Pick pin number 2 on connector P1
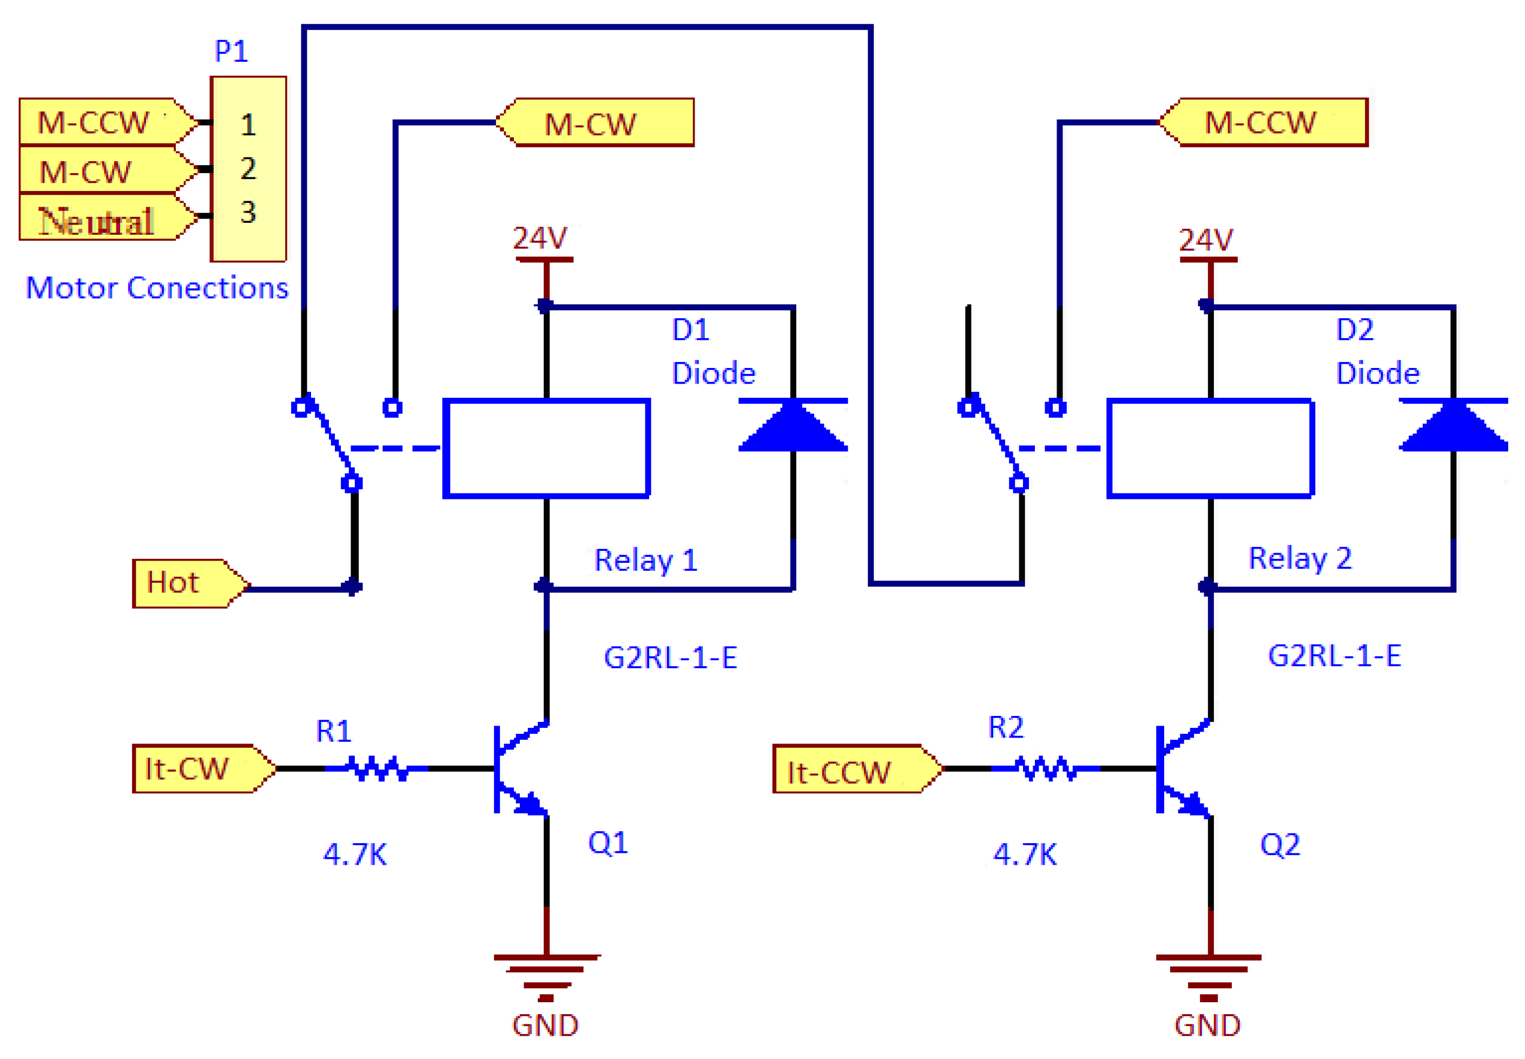point(248,168)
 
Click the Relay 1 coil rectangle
point(546,448)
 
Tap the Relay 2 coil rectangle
point(1210,448)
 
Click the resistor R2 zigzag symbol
point(1046,768)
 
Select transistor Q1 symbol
point(521,768)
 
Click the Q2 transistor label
point(1279,845)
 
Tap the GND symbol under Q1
point(546,975)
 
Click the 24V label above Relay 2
point(1205,240)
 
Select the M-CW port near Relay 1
point(593,123)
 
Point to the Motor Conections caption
point(157,288)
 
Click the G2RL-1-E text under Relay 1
point(670,658)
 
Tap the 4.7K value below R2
point(1024,854)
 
